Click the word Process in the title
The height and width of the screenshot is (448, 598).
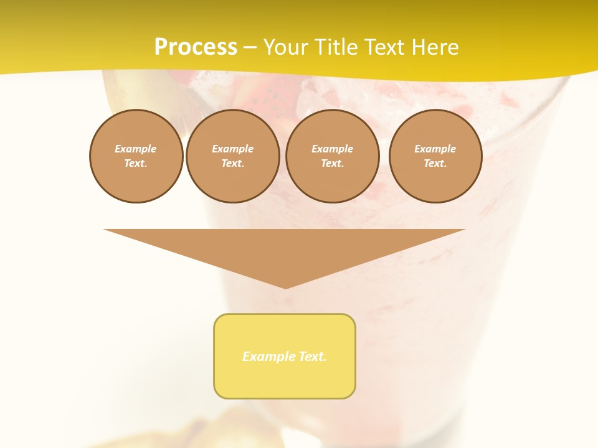(196, 47)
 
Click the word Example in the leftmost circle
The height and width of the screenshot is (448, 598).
(136, 149)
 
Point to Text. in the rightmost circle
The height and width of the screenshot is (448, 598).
(435, 163)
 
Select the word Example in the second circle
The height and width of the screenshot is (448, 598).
(232, 149)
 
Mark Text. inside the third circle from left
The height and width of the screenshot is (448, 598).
(332, 163)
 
